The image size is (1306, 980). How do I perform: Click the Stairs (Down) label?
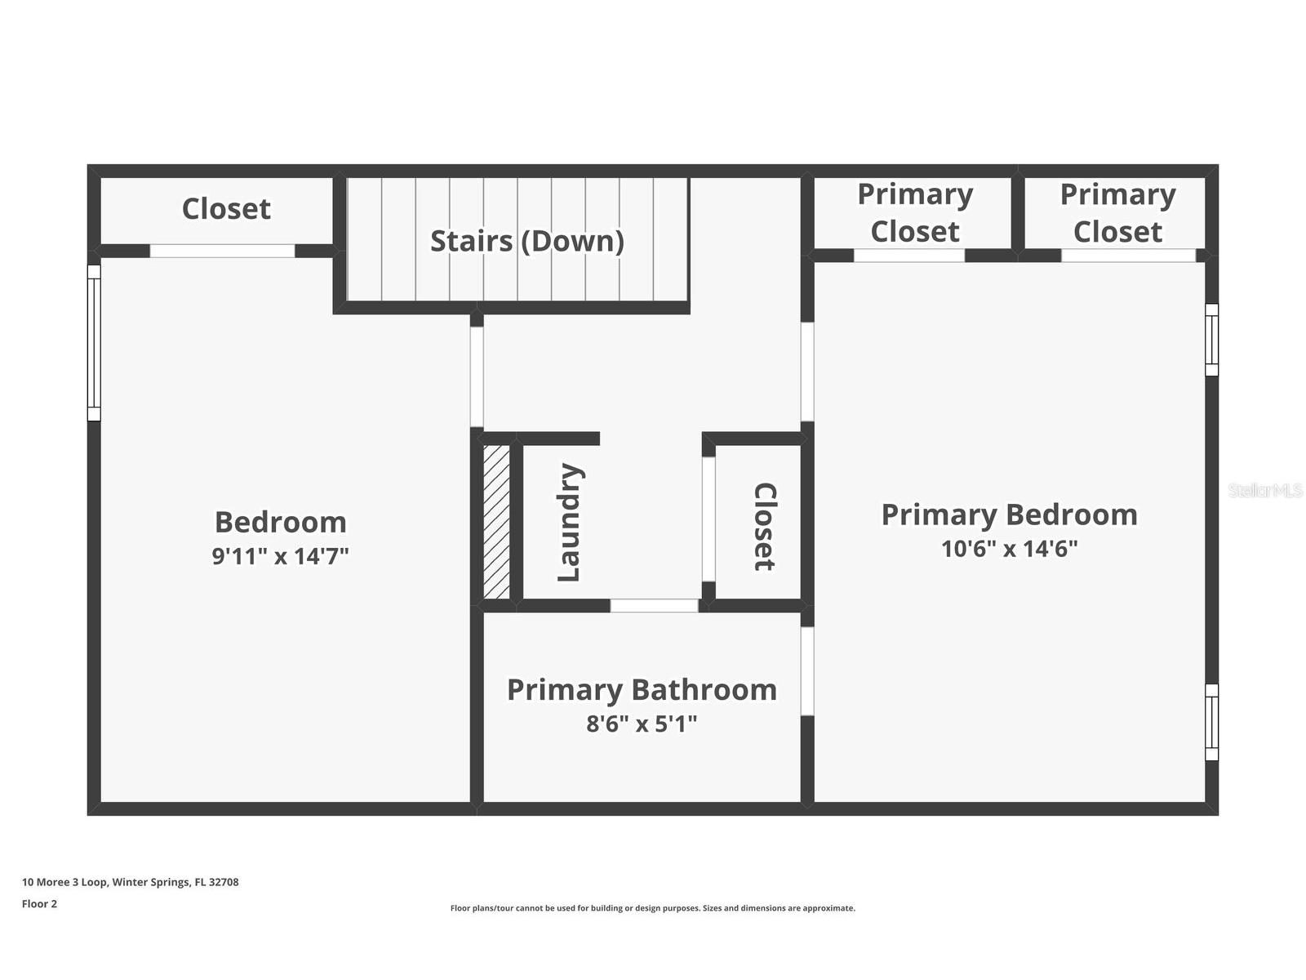(x=526, y=241)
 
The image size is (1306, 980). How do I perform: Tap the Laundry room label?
(x=568, y=522)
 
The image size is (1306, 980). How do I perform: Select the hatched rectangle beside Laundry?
(x=496, y=522)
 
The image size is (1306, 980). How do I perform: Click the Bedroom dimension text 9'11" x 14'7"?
(x=280, y=556)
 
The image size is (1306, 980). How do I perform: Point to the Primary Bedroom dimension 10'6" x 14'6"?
(x=1009, y=549)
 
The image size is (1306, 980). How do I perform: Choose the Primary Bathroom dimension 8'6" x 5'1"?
(x=642, y=724)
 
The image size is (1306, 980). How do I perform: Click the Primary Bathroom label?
(x=642, y=690)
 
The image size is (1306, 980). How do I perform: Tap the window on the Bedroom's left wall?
(x=94, y=343)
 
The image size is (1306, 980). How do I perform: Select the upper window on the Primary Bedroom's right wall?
(x=1211, y=340)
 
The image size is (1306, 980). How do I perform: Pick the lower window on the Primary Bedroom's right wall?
(x=1211, y=722)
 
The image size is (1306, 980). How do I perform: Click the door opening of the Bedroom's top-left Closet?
(x=222, y=251)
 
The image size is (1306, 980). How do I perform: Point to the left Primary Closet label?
(x=915, y=212)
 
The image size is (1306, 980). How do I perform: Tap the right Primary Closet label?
(x=1117, y=212)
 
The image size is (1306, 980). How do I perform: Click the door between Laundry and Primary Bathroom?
(x=654, y=606)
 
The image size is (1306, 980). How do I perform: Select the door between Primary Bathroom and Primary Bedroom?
(x=806, y=670)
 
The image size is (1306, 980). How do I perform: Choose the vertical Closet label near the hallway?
(x=764, y=526)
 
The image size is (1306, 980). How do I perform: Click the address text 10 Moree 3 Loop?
(x=131, y=882)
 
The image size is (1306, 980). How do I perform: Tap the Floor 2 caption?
(x=39, y=904)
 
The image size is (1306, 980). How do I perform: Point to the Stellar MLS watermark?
(x=1265, y=490)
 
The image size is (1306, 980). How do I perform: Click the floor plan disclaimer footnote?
(x=653, y=908)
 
